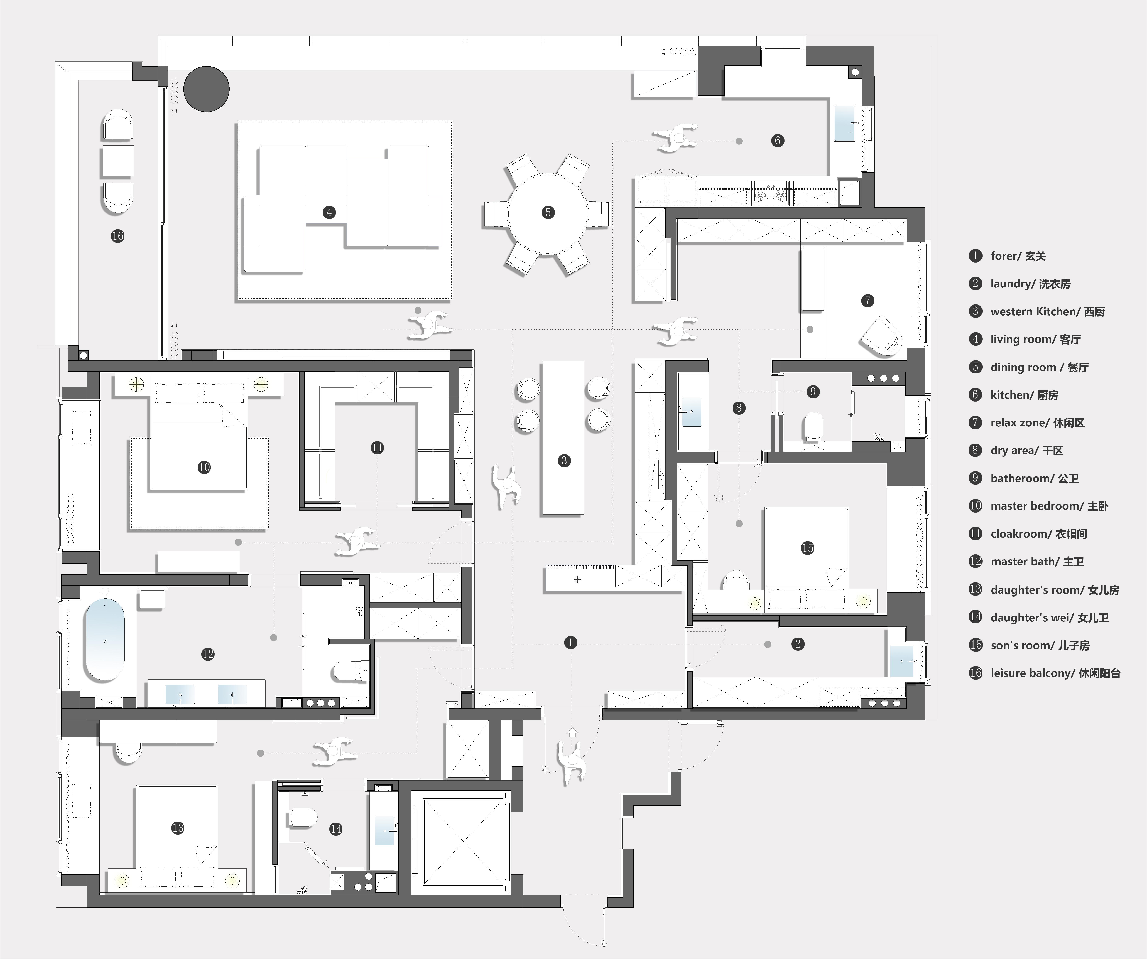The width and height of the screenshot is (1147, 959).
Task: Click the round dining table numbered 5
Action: tap(548, 213)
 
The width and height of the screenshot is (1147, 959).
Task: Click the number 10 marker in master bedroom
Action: tap(204, 467)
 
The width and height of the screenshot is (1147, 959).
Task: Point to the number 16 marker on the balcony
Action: tap(117, 236)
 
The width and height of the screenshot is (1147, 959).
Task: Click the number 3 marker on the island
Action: tap(564, 460)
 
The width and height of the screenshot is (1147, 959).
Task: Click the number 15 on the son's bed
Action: tap(807, 548)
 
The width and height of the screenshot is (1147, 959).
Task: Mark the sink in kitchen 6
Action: tap(844, 123)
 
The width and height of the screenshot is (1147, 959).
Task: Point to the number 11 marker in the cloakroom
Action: tap(377, 448)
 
